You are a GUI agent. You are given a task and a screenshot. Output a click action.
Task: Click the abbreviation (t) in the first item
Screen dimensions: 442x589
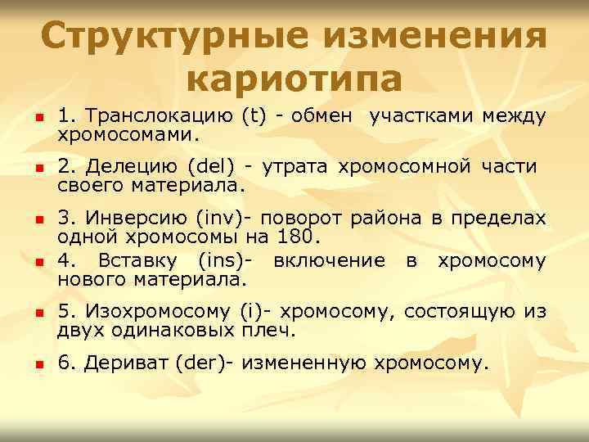pyautogui.click(x=254, y=117)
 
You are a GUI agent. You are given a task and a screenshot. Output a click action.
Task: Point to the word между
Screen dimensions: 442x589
pyautogui.click(x=513, y=117)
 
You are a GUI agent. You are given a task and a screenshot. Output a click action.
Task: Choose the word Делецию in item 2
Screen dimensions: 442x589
pyautogui.click(x=133, y=169)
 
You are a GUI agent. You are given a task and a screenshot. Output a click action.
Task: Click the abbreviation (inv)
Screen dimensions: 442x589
pyautogui.click(x=216, y=219)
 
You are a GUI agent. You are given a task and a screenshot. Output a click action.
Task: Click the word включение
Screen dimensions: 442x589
pyautogui.click(x=330, y=262)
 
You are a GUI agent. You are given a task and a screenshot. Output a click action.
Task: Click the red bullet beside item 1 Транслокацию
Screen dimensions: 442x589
pyautogui.click(x=38, y=120)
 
